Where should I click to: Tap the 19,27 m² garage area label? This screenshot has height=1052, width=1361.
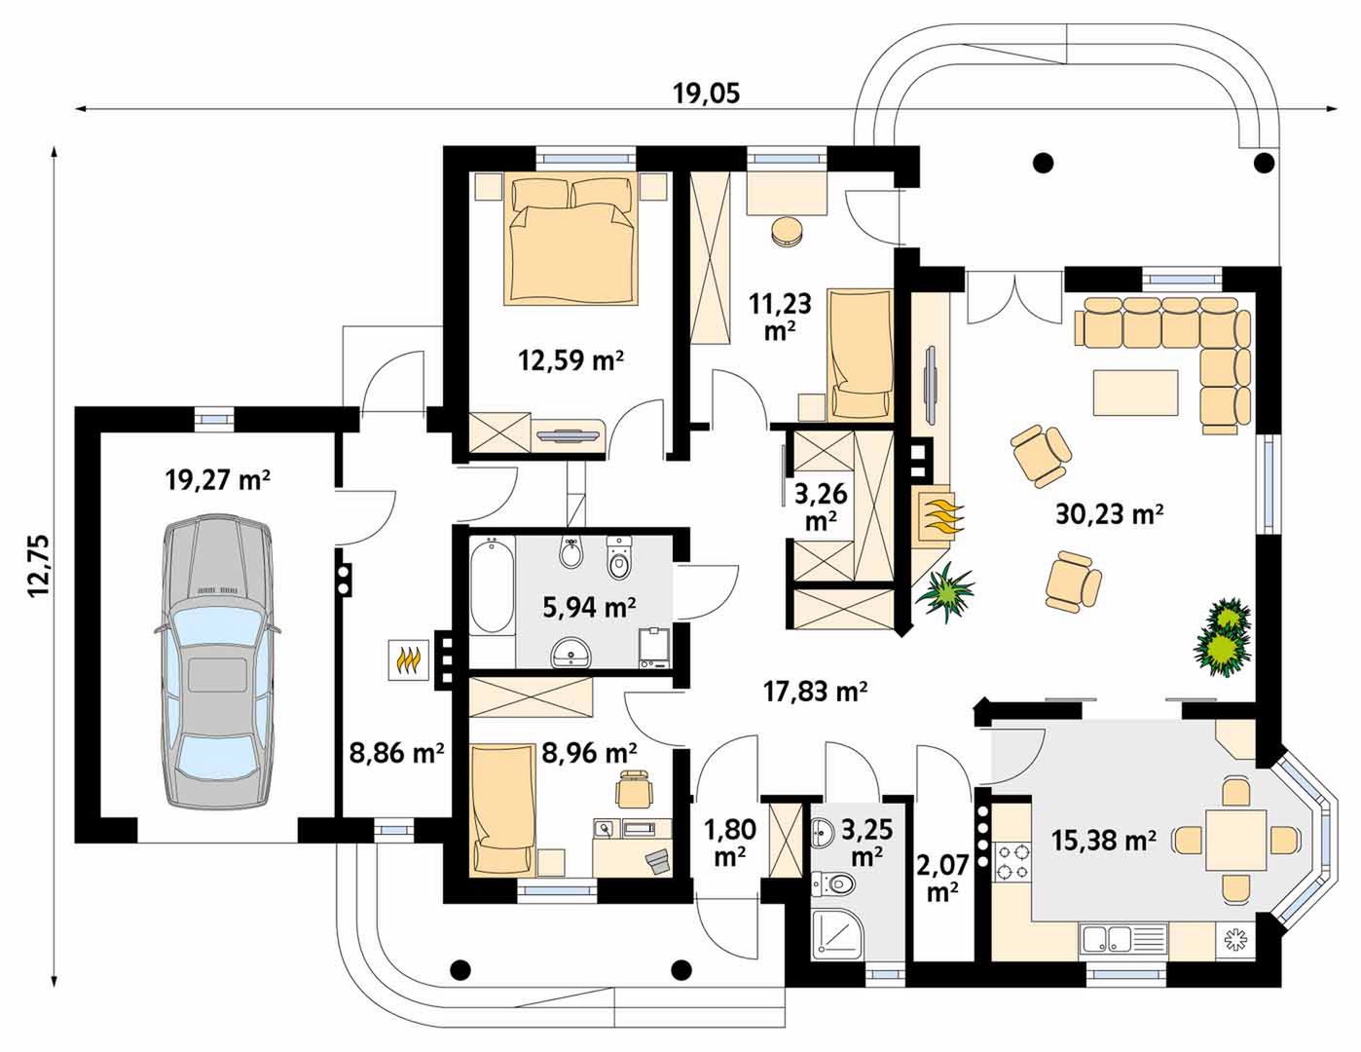pos(217,480)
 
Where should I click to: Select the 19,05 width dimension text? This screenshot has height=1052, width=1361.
pos(707,94)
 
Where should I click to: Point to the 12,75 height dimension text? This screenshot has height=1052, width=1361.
pos(38,575)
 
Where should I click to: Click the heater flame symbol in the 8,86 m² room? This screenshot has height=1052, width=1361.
pos(408,659)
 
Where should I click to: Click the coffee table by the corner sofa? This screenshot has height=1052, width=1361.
pos(1135,393)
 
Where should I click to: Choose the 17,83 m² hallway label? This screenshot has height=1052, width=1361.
pos(816,691)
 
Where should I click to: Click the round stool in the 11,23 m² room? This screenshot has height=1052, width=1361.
pos(787,232)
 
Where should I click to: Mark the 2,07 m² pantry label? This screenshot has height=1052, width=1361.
pos(941,878)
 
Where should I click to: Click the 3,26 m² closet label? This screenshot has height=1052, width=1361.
pos(821,507)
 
